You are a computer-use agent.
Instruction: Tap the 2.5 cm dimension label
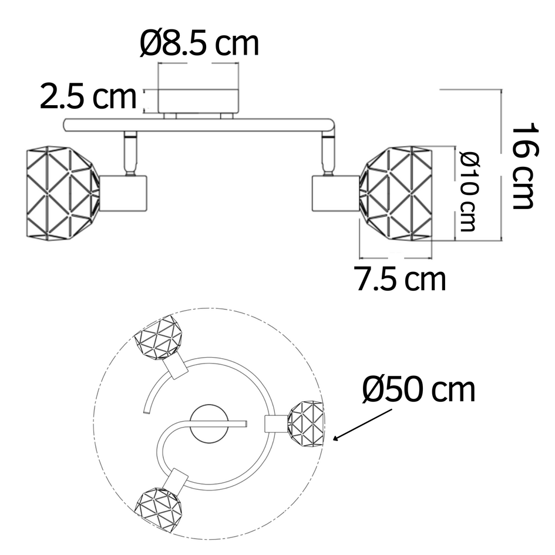pos(88,97)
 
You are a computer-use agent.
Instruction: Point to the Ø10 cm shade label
pos(468,191)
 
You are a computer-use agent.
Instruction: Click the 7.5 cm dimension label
pos(400,279)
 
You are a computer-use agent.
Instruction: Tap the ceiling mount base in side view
pos(198,100)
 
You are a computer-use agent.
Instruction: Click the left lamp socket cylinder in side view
pos(123,192)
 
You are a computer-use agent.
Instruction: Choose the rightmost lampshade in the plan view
pos(305,422)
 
